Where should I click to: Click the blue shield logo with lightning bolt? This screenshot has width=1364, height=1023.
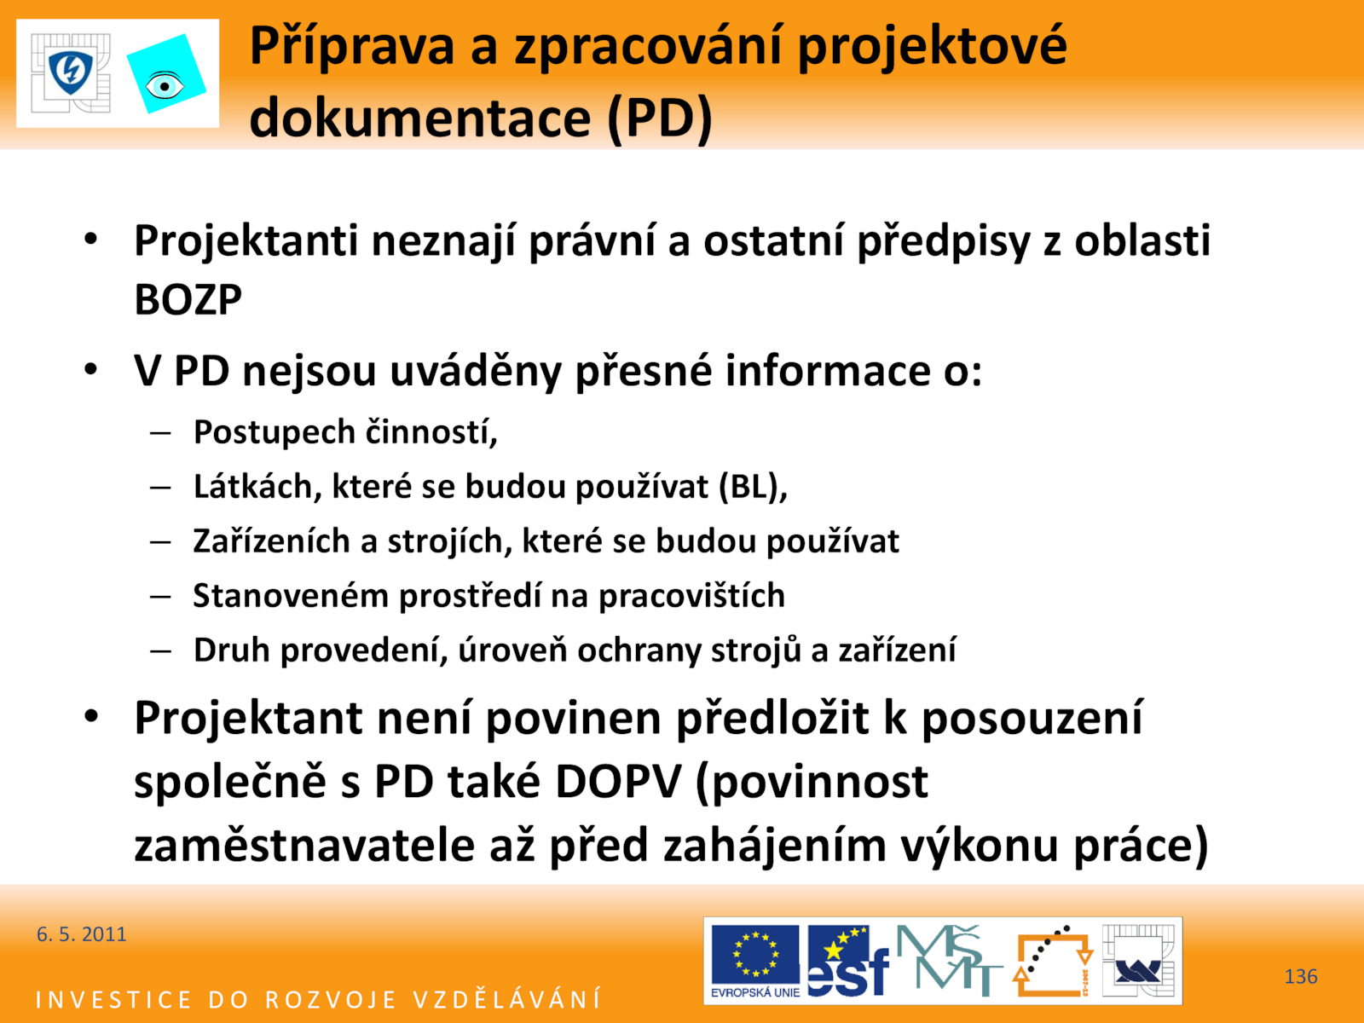[71, 72]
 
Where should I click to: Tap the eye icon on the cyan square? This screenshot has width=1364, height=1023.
[165, 86]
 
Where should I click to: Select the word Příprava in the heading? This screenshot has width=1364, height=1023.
[352, 47]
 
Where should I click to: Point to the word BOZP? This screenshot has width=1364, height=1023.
[188, 299]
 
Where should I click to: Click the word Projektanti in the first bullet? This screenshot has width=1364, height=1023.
[246, 241]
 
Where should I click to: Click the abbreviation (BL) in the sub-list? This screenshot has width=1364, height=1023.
[753, 486]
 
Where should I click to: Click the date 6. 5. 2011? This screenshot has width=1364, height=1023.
[81, 934]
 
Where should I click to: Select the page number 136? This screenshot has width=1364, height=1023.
[1301, 976]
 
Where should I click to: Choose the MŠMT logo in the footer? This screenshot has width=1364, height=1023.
[948, 960]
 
